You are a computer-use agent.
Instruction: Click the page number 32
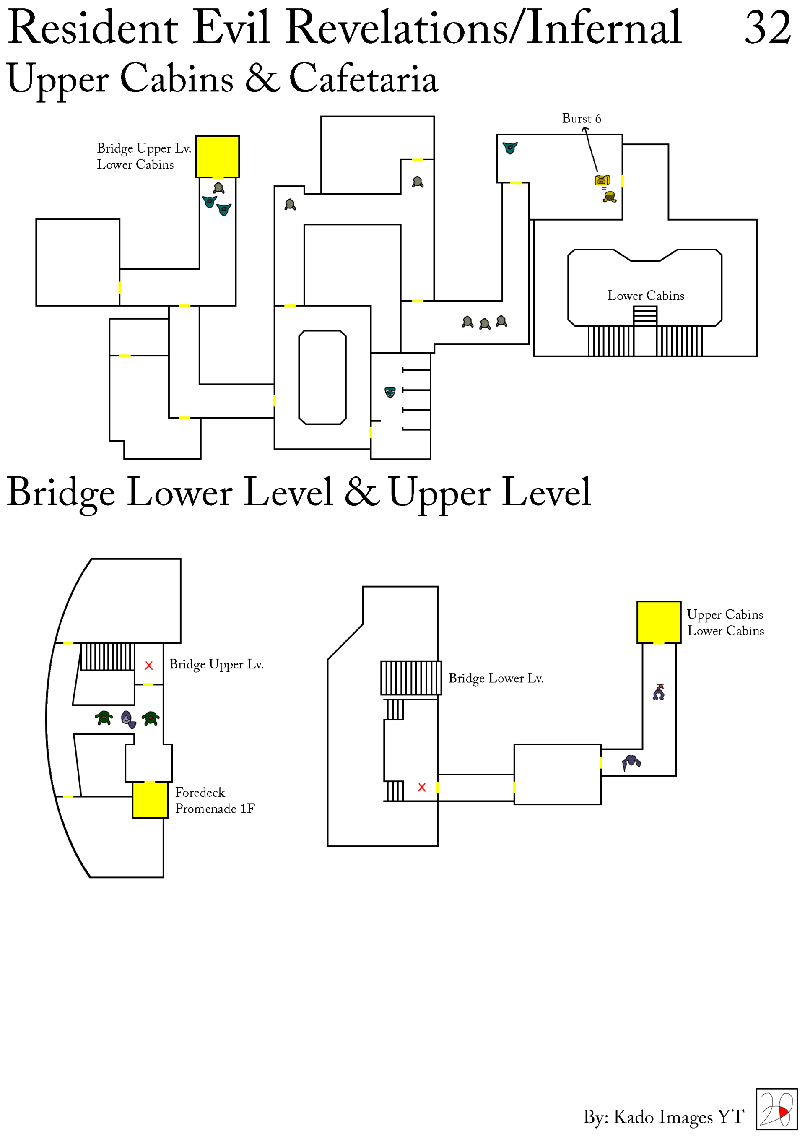(x=767, y=28)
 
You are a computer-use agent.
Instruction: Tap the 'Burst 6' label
(x=581, y=119)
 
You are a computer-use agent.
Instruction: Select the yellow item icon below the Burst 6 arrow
(x=602, y=180)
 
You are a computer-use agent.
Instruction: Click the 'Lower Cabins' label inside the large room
(x=645, y=296)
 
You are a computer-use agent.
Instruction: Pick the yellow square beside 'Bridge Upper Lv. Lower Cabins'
(x=217, y=157)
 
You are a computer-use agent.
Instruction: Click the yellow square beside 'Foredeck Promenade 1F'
(x=150, y=800)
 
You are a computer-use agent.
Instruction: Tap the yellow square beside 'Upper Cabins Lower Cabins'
(x=659, y=622)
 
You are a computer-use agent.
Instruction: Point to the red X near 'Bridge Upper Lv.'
(x=149, y=666)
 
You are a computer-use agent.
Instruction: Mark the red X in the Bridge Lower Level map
(x=422, y=787)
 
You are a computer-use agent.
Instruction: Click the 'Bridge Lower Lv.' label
(x=496, y=678)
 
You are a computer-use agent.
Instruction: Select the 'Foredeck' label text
(x=200, y=792)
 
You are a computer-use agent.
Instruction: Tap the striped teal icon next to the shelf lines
(x=390, y=392)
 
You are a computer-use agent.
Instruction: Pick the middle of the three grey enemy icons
(x=485, y=324)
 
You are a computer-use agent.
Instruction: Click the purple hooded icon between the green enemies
(x=128, y=719)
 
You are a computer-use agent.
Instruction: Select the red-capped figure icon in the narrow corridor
(x=659, y=692)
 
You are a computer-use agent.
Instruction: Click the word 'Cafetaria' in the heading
(x=364, y=78)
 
